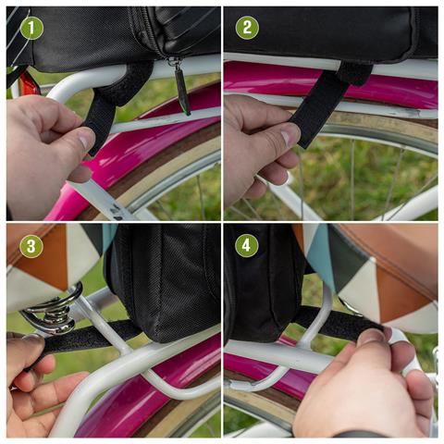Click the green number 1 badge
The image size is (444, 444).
point(32,28)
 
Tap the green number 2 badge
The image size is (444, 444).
point(247,28)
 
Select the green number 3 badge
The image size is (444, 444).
point(32,246)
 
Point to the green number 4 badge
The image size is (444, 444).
point(247,246)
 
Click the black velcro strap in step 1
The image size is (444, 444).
point(102,116)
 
